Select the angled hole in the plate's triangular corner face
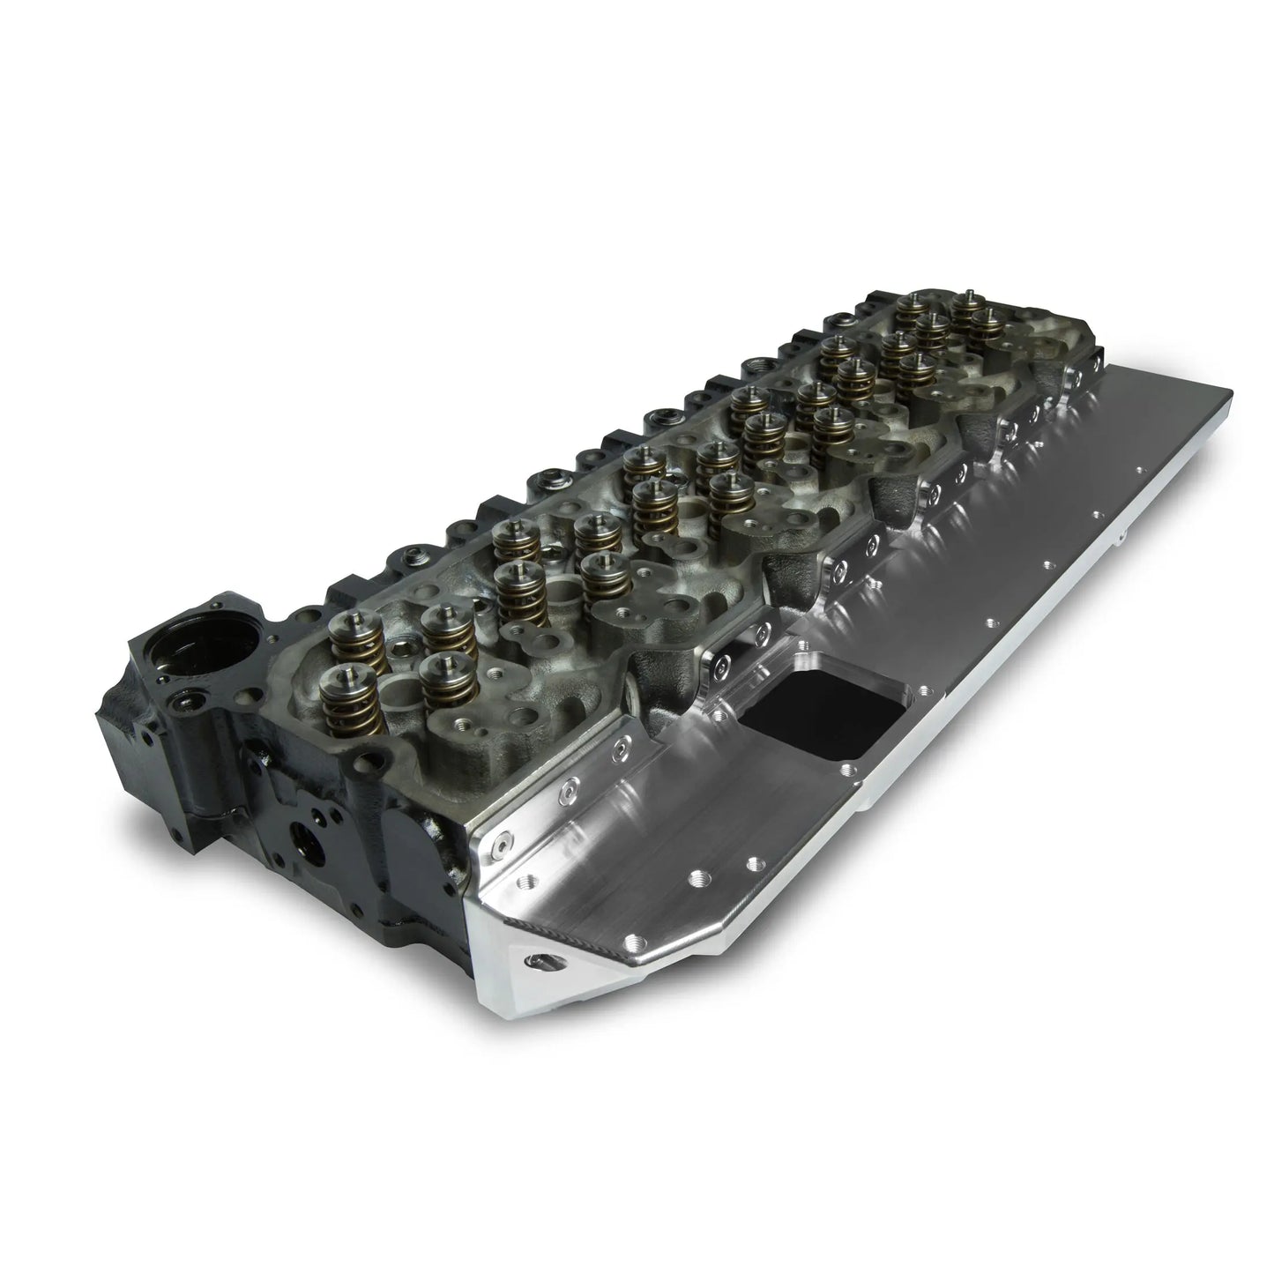tap(534, 960)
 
